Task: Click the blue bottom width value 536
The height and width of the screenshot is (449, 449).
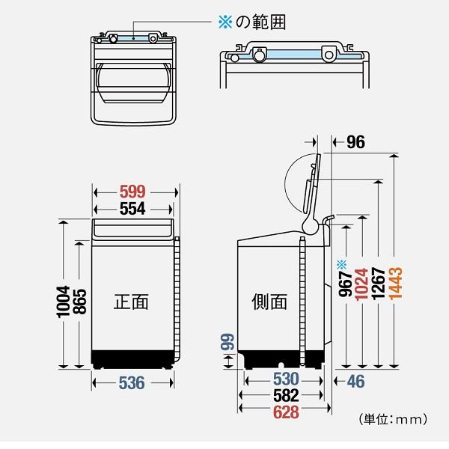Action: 132,383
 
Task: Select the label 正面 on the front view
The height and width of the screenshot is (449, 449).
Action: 131,302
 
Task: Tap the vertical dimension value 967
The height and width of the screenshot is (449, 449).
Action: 345,284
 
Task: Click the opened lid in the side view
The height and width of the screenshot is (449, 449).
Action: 313,187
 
